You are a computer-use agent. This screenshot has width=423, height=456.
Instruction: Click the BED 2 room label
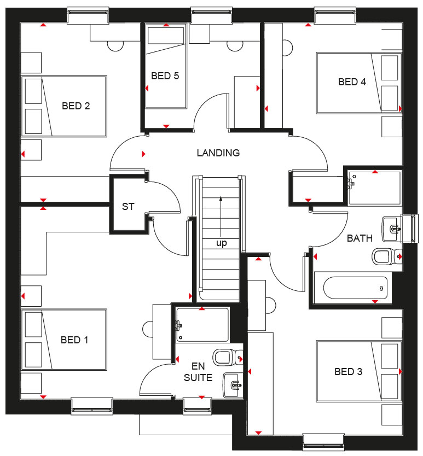pyautogui.click(x=76, y=106)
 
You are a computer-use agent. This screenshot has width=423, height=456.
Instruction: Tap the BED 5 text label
pyautogui.click(x=165, y=76)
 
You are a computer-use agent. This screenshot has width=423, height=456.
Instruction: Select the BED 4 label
pyautogui.click(x=352, y=82)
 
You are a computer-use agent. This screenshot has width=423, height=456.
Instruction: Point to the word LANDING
pyautogui.click(x=218, y=153)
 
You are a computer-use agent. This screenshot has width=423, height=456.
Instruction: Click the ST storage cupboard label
pyautogui.click(x=128, y=207)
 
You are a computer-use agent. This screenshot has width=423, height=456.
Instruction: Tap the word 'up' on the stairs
pyautogui.click(x=222, y=243)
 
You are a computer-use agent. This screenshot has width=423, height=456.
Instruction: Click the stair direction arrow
pyautogui.click(x=221, y=217)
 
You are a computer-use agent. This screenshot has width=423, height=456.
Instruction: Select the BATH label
pyautogui.click(x=360, y=238)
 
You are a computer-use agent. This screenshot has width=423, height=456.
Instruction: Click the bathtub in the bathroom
pyautogui.click(x=356, y=288)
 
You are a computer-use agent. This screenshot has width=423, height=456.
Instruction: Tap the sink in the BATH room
pyautogui.click(x=392, y=229)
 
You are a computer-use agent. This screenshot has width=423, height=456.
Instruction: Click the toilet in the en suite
pyautogui.click(x=228, y=358)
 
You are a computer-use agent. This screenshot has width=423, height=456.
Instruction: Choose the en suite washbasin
pyautogui.click(x=233, y=385)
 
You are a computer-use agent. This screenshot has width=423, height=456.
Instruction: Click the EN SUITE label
pyautogui.click(x=198, y=372)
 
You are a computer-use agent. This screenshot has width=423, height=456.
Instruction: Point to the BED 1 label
pyautogui.click(x=74, y=340)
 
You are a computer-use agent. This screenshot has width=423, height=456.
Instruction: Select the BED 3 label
pyautogui.click(x=349, y=372)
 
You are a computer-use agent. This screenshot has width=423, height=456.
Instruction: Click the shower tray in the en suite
pyautogui.click(x=202, y=325)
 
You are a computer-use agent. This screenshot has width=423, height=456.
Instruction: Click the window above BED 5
pyautogui.click(x=212, y=15)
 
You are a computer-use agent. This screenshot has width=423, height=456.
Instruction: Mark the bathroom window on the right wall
pyautogui.click(x=409, y=229)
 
